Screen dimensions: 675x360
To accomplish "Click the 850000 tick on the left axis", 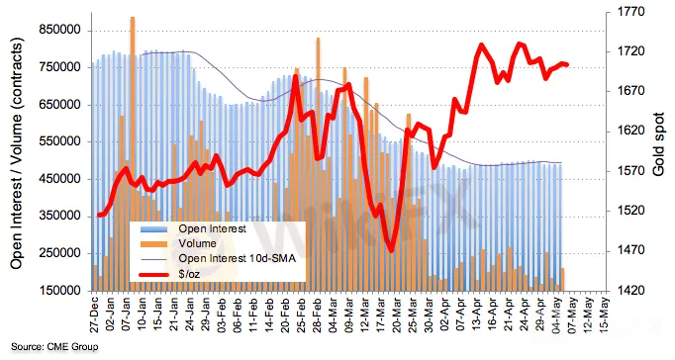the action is pos(59,30).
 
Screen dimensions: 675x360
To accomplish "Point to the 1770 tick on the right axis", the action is pos(631,11).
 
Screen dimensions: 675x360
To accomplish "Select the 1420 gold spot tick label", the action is pos(631,291).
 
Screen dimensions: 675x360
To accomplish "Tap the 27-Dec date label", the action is pos(94,315).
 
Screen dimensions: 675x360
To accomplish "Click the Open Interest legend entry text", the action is pos(212,228).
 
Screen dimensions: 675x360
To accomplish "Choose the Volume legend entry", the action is pos(197,243).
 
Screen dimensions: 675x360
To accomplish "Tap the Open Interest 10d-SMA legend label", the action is pos(238,258).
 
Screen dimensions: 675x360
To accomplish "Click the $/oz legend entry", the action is pos(189,274).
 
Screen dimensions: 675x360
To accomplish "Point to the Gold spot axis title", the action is pos(658,144).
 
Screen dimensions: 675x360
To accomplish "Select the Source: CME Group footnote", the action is pos(54,347).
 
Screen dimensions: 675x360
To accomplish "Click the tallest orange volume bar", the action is pos(133,154).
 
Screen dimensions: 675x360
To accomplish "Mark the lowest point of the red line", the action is pos(391,251).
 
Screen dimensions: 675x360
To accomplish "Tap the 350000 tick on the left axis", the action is pos(59,216).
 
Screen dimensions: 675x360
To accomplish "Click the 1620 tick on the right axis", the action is pos(631,131).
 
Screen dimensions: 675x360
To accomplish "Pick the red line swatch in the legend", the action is pos(154,274).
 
